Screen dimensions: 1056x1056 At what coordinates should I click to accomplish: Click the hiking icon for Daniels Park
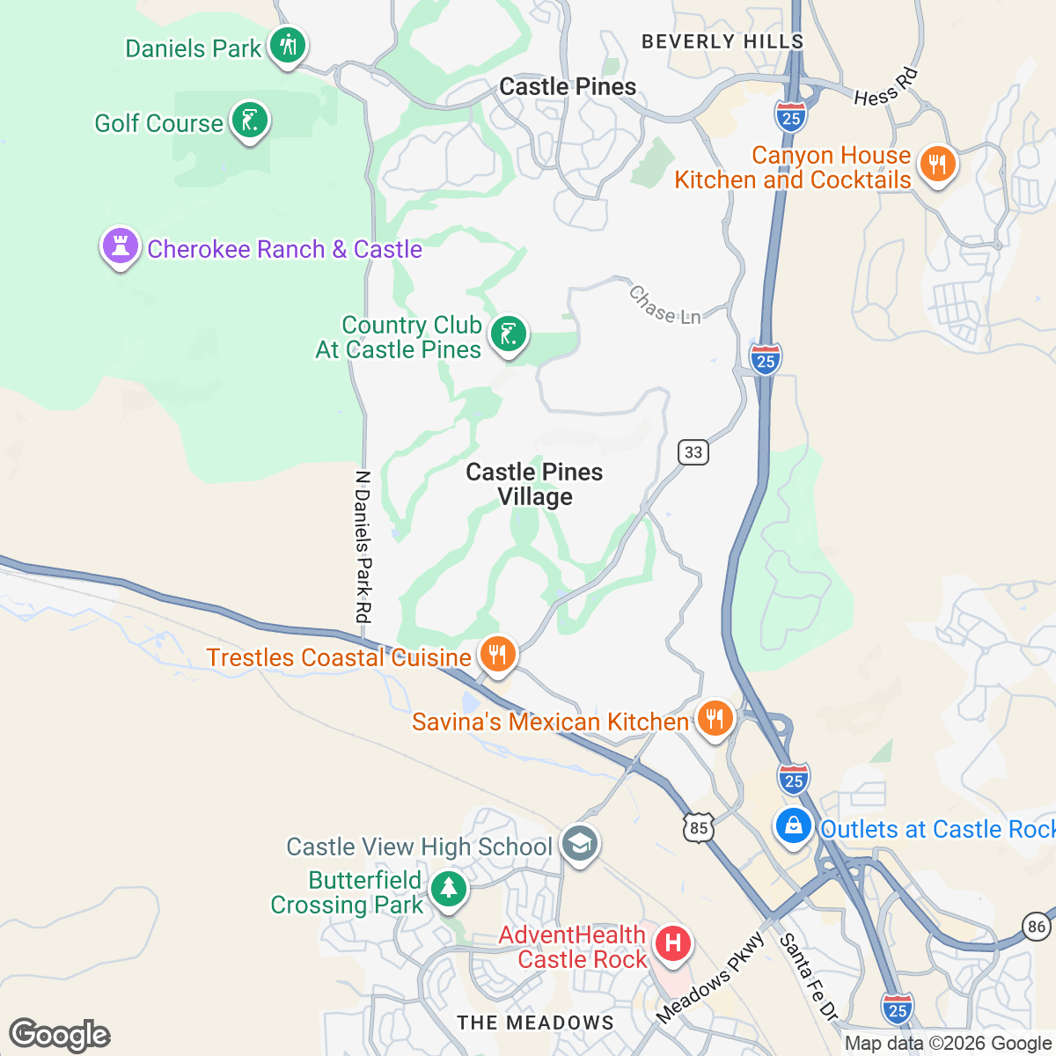pos(287,45)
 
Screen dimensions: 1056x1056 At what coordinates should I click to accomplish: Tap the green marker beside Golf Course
pos(250,121)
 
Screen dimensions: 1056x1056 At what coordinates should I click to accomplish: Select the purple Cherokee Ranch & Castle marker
pos(121,247)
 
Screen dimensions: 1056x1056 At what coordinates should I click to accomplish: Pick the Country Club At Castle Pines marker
pos(508,334)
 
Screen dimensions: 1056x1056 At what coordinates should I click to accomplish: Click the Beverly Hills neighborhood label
pos(722,41)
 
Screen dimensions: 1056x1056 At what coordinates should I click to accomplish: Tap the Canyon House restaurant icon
pos(937,165)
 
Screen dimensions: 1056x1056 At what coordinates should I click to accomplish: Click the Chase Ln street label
pos(664,305)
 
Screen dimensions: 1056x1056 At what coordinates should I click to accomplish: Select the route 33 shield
pos(693,452)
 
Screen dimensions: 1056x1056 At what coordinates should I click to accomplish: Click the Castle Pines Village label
pos(534,485)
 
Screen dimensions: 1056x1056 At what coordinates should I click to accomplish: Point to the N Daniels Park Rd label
pos(363,546)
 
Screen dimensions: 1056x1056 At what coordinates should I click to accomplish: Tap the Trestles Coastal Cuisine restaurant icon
pos(497,655)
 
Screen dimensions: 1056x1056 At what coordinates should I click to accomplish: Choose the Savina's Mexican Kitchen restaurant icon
pos(715,719)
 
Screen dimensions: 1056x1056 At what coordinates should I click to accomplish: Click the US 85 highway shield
pos(699,828)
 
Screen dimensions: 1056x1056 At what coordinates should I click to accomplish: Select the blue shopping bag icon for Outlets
pos(793,826)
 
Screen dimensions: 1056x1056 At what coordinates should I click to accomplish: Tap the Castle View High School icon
pos(580,845)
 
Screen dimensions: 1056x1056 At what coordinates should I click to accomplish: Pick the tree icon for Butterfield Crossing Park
pos(449,887)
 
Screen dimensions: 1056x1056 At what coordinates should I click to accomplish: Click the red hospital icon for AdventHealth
pos(673,944)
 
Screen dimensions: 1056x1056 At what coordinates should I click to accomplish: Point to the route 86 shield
pos(1038,926)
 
